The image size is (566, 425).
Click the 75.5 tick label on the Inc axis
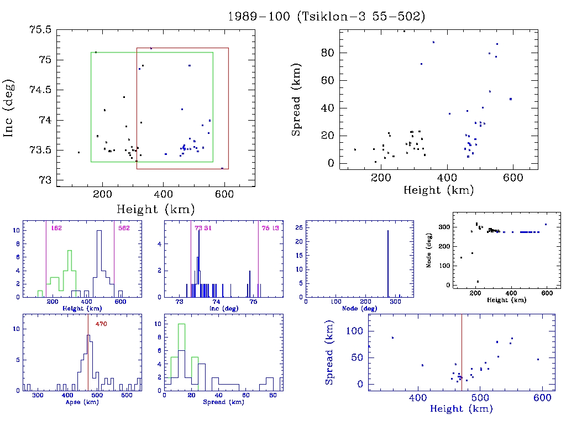41,30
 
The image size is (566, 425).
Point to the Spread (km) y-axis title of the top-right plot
297,108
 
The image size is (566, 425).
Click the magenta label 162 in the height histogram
56,228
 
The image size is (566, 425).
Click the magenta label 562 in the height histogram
123,228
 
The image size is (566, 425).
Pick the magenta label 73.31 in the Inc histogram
203,228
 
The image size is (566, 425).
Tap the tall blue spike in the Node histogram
388,263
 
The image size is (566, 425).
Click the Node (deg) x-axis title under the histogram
355,308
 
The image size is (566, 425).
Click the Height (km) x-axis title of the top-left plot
155,209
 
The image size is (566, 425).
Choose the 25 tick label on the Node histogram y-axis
298,227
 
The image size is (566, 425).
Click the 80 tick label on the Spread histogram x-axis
272,396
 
